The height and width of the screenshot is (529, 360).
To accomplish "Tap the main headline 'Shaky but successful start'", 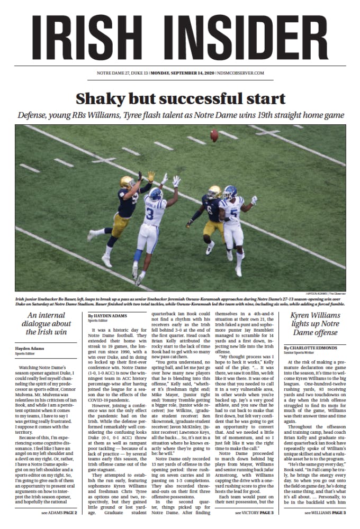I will click(x=181, y=99).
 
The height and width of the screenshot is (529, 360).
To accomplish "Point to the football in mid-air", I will click(x=214, y=136).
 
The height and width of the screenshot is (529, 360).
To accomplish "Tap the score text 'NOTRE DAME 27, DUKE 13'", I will click(x=122, y=72).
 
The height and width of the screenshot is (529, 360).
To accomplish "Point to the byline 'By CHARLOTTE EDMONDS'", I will click(x=314, y=347).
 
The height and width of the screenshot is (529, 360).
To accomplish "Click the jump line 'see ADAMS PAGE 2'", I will click(x=59, y=513).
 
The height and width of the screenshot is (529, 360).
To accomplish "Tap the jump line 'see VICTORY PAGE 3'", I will click(x=255, y=513).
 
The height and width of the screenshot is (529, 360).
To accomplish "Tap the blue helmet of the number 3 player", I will click(x=156, y=194).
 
